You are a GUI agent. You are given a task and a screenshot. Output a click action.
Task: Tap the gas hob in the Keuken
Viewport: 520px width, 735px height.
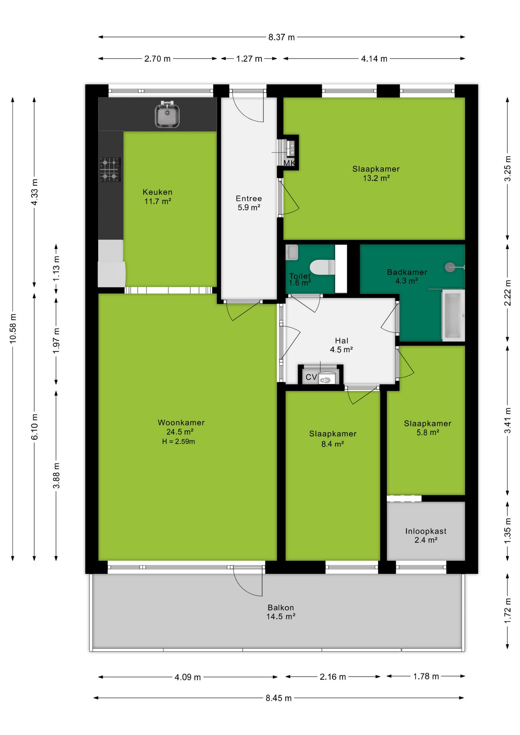pos(110,169)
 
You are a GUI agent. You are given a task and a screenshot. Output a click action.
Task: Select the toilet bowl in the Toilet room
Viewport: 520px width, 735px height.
pos(322,267)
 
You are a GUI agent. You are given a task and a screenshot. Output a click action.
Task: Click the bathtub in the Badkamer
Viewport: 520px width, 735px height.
pos(453,315)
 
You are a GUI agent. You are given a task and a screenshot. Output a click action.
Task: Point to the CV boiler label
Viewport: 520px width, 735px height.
pos(311,377)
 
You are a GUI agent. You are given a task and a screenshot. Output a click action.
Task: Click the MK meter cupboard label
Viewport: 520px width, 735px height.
pos(289,163)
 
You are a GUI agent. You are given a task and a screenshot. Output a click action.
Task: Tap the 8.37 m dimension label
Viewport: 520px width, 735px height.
pos(281,37)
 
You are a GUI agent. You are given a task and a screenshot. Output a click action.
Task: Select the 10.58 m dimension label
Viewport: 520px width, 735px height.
pos(13,328)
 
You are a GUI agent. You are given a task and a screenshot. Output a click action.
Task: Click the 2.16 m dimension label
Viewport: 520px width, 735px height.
pos(333,676)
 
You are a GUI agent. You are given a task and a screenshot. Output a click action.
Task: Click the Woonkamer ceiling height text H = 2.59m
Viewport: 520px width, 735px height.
pos(178,441)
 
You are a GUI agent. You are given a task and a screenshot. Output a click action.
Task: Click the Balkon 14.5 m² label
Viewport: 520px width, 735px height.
pos(281,612)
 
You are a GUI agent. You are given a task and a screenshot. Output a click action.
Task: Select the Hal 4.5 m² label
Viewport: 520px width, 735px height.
pos(341,345)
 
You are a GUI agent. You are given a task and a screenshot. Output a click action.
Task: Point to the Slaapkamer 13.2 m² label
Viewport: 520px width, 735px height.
pos(376,173)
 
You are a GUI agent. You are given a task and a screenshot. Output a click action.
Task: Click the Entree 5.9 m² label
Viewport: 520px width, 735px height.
pos(249,203)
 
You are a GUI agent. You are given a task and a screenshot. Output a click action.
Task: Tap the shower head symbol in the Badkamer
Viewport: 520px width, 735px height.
pos(450,267)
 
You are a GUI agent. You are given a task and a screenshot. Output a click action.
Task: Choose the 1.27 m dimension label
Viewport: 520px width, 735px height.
pos(249,59)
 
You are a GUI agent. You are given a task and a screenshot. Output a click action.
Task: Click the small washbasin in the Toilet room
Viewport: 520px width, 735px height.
pos(292,252)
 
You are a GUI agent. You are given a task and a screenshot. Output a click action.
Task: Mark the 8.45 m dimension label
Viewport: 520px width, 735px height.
pos(279,698)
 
